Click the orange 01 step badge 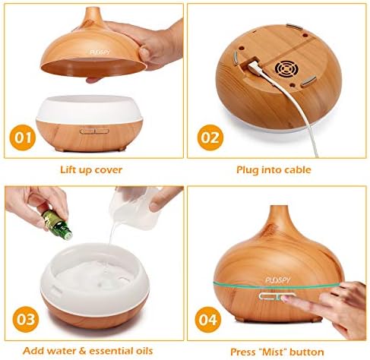click(x=23, y=137)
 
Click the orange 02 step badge click(x=210, y=137)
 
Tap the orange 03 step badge click(x=26, y=319)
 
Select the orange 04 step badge click(x=207, y=320)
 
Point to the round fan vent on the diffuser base click(x=287, y=68)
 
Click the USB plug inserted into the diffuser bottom click(x=255, y=68)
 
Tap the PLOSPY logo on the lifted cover click(x=100, y=52)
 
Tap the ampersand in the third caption click(x=83, y=351)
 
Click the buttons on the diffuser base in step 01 click(x=94, y=131)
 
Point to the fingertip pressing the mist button click(x=286, y=298)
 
